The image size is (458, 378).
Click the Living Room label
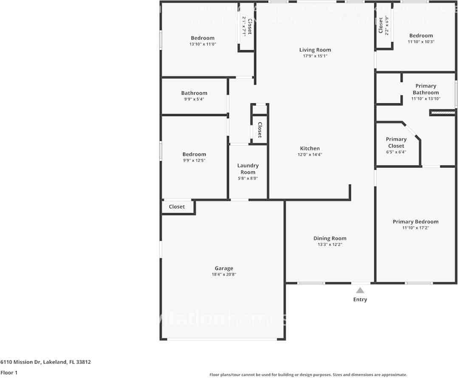pyautogui.click(x=315, y=50)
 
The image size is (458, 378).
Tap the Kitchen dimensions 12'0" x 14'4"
pyautogui.click(x=310, y=155)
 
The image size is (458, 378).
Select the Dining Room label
pyautogui.click(x=330, y=238)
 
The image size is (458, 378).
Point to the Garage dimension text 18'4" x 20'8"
pyautogui.click(x=223, y=275)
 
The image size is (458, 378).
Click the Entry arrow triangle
pyautogui.click(x=360, y=290)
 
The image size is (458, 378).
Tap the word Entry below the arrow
pyautogui.click(x=360, y=299)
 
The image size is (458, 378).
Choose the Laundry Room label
pyautogui.click(x=248, y=169)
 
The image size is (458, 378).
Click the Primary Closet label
pyautogui.click(x=396, y=142)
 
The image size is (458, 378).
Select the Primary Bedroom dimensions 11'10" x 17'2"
pyautogui.click(x=415, y=228)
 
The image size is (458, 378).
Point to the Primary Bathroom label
pyautogui.click(x=425, y=89)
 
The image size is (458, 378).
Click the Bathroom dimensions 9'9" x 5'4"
pyautogui.click(x=194, y=99)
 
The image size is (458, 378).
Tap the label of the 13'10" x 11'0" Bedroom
pyautogui.click(x=203, y=38)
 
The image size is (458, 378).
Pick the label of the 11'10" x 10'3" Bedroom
pyautogui.click(x=421, y=36)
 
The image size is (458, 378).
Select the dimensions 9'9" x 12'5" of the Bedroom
pyautogui.click(x=194, y=160)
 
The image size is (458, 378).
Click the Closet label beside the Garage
pyautogui.click(x=177, y=207)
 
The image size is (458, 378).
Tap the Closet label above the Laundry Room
pyautogui.click(x=259, y=130)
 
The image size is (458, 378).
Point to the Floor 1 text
pyautogui.click(x=9, y=372)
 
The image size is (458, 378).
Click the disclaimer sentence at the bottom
pyautogui.click(x=308, y=375)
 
